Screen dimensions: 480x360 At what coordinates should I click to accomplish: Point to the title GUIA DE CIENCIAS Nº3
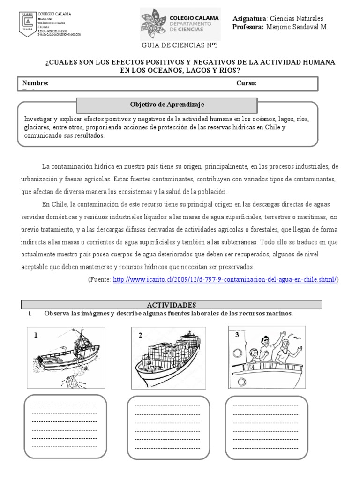tap(180, 45)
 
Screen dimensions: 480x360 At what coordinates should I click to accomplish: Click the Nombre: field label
tap(36, 83)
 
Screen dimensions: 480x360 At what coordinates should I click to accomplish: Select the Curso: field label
tap(246, 83)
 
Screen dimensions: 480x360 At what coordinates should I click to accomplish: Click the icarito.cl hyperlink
tap(225, 279)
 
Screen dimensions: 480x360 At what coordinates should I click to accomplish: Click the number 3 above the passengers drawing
tap(237, 334)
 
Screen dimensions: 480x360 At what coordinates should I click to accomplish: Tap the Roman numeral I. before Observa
tap(30, 314)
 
